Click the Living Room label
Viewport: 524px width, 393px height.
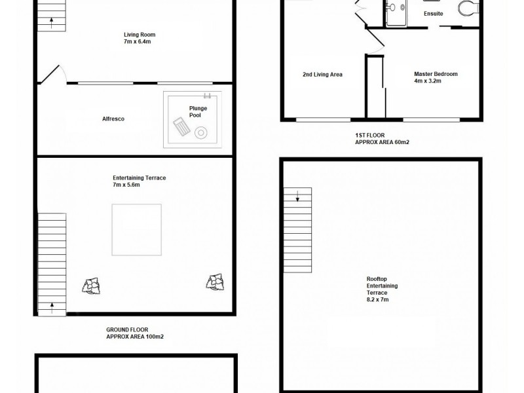coord(140,35)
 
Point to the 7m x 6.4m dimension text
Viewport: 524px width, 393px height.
coord(138,42)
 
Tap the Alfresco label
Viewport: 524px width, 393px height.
coord(113,119)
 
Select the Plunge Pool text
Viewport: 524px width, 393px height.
coord(198,111)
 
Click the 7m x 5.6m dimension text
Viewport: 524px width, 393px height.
coord(126,185)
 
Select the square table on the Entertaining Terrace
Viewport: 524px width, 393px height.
coord(136,230)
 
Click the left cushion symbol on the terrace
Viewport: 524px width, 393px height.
coord(92,284)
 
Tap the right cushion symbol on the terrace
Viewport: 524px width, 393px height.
coord(214,282)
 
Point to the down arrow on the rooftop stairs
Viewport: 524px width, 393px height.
coord(297,195)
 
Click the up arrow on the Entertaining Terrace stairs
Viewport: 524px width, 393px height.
coord(52,305)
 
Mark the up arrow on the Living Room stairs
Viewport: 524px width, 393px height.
coord(52,22)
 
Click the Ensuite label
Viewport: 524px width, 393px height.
coord(433,13)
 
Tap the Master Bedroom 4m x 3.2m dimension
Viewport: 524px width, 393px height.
coord(436,82)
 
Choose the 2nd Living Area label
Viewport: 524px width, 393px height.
coord(322,75)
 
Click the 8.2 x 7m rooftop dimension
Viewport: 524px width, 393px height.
coord(377,300)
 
